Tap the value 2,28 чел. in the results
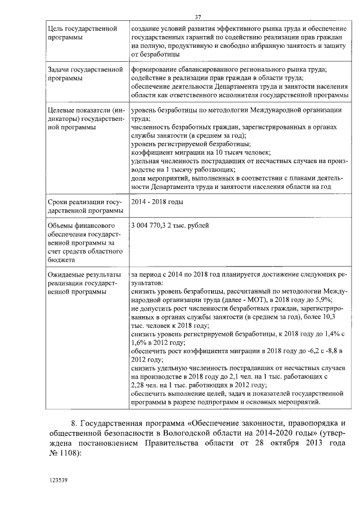tap(143, 385)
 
